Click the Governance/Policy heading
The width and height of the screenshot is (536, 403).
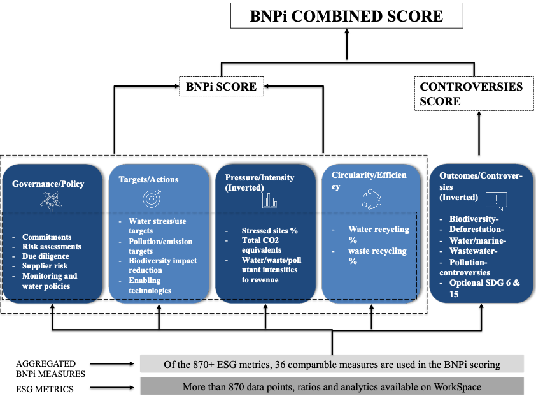(x=48, y=184)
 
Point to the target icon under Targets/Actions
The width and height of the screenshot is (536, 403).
(x=153, y=199)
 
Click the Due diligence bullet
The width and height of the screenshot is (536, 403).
(x=46, y=256)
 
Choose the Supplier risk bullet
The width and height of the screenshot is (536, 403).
(x=46, y=266)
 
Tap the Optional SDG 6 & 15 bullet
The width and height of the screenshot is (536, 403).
(x=484, y=286)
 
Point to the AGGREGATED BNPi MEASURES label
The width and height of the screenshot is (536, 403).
(x=46, y=368)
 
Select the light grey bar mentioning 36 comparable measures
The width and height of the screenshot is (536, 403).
(x=332, y=365)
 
